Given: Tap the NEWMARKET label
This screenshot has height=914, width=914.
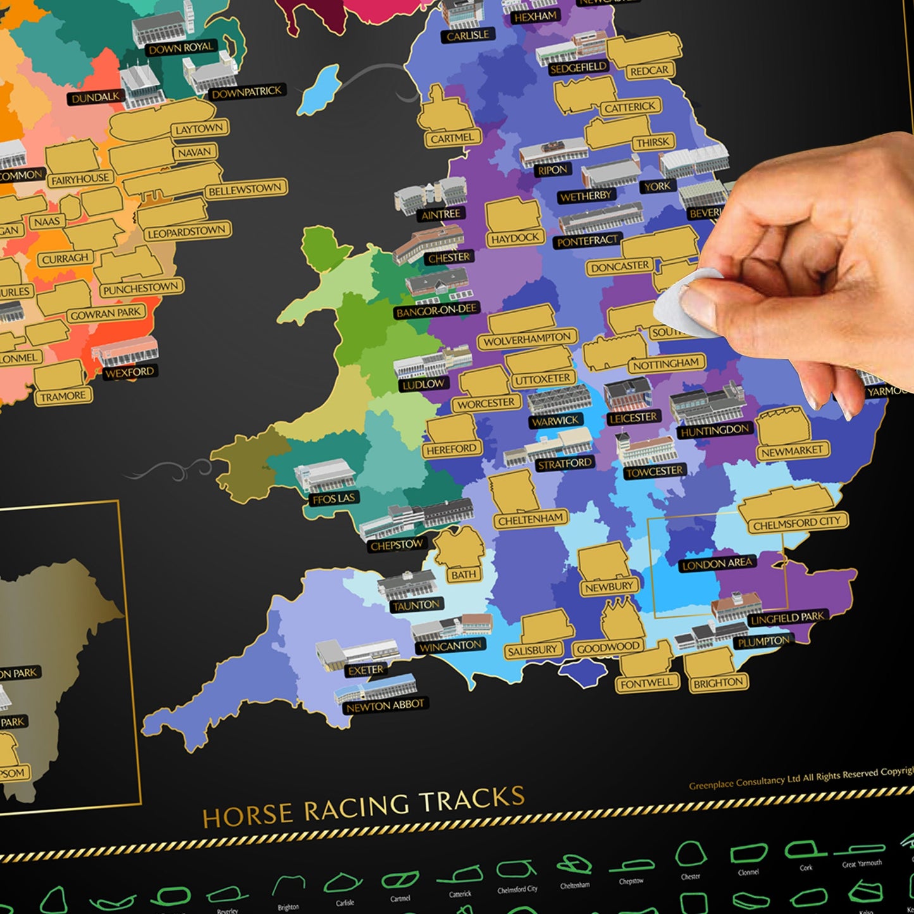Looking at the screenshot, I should [792, 451].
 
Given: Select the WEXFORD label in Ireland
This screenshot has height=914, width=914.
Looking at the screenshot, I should [130, 372].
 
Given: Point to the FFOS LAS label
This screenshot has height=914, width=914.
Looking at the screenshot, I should [335, 498].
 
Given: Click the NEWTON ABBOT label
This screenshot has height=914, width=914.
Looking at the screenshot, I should [385, 706].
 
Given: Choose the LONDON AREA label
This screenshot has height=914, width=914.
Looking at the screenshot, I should [717, 564].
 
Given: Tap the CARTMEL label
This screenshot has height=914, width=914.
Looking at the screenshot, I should [452, 138].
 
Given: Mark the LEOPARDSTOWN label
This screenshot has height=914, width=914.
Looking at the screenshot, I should [187, 232].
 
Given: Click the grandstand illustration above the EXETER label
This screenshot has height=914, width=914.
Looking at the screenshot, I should [357, 652].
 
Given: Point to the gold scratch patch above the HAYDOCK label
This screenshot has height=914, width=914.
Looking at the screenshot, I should [513, 215].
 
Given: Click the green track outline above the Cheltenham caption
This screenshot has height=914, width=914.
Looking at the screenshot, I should [574, 865].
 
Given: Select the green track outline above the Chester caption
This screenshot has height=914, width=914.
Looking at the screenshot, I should [690, 855].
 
